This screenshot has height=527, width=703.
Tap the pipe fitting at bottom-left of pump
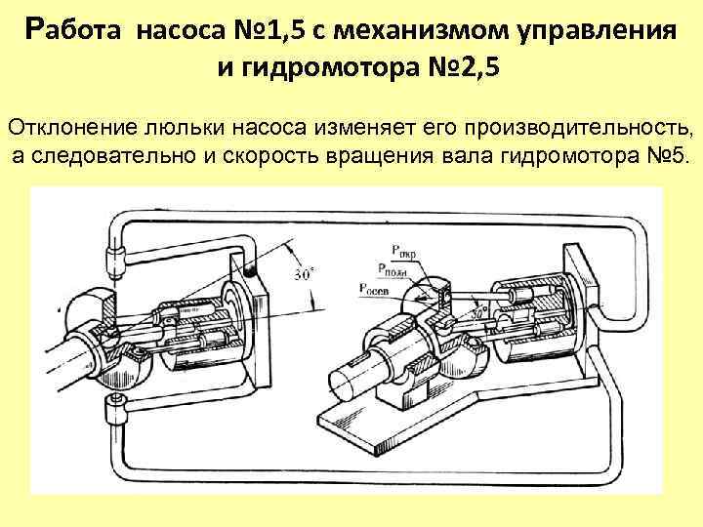tap(115, 411)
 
